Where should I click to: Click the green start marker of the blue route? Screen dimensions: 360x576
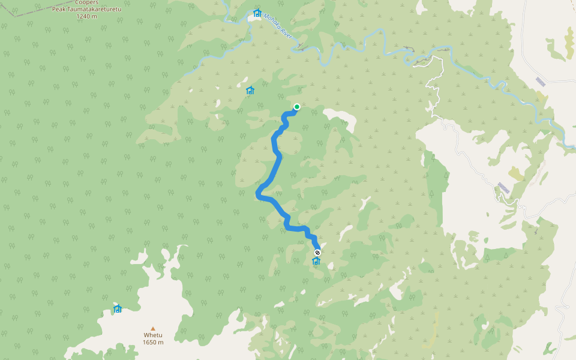296,107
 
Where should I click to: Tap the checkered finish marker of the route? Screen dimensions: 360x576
317,253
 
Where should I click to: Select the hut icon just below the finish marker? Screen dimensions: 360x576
316,261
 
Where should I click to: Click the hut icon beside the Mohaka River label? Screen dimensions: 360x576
257,13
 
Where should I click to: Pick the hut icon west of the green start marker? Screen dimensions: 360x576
250,91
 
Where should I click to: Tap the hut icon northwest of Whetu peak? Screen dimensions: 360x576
118,309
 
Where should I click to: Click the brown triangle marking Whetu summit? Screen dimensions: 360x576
153,329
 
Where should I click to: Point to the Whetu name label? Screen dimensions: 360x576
152,335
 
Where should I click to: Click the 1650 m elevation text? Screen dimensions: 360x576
153,343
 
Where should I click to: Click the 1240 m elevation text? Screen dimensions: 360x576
86,16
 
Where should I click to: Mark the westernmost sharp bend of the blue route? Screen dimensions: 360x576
258,194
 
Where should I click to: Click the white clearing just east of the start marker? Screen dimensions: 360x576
340,116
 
